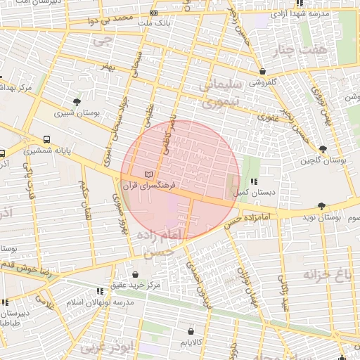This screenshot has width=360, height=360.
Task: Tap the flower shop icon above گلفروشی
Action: tap(262, 71)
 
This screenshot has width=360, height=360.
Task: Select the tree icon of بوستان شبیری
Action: tap(77, 101)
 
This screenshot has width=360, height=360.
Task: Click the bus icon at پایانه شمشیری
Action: tap(46, 139)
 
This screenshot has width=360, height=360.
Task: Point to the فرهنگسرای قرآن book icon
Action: tap(147, 173)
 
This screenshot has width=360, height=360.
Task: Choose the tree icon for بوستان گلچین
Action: tap(323, 149)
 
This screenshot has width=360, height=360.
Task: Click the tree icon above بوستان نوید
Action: tap(321, 206)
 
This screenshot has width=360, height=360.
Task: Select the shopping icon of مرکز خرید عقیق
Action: tap(134, 274)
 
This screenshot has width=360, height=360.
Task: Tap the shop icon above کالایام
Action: tap(191, 330)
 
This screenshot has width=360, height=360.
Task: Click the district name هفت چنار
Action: tap(315, 50)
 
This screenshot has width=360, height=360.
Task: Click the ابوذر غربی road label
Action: tap(105, 347)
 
